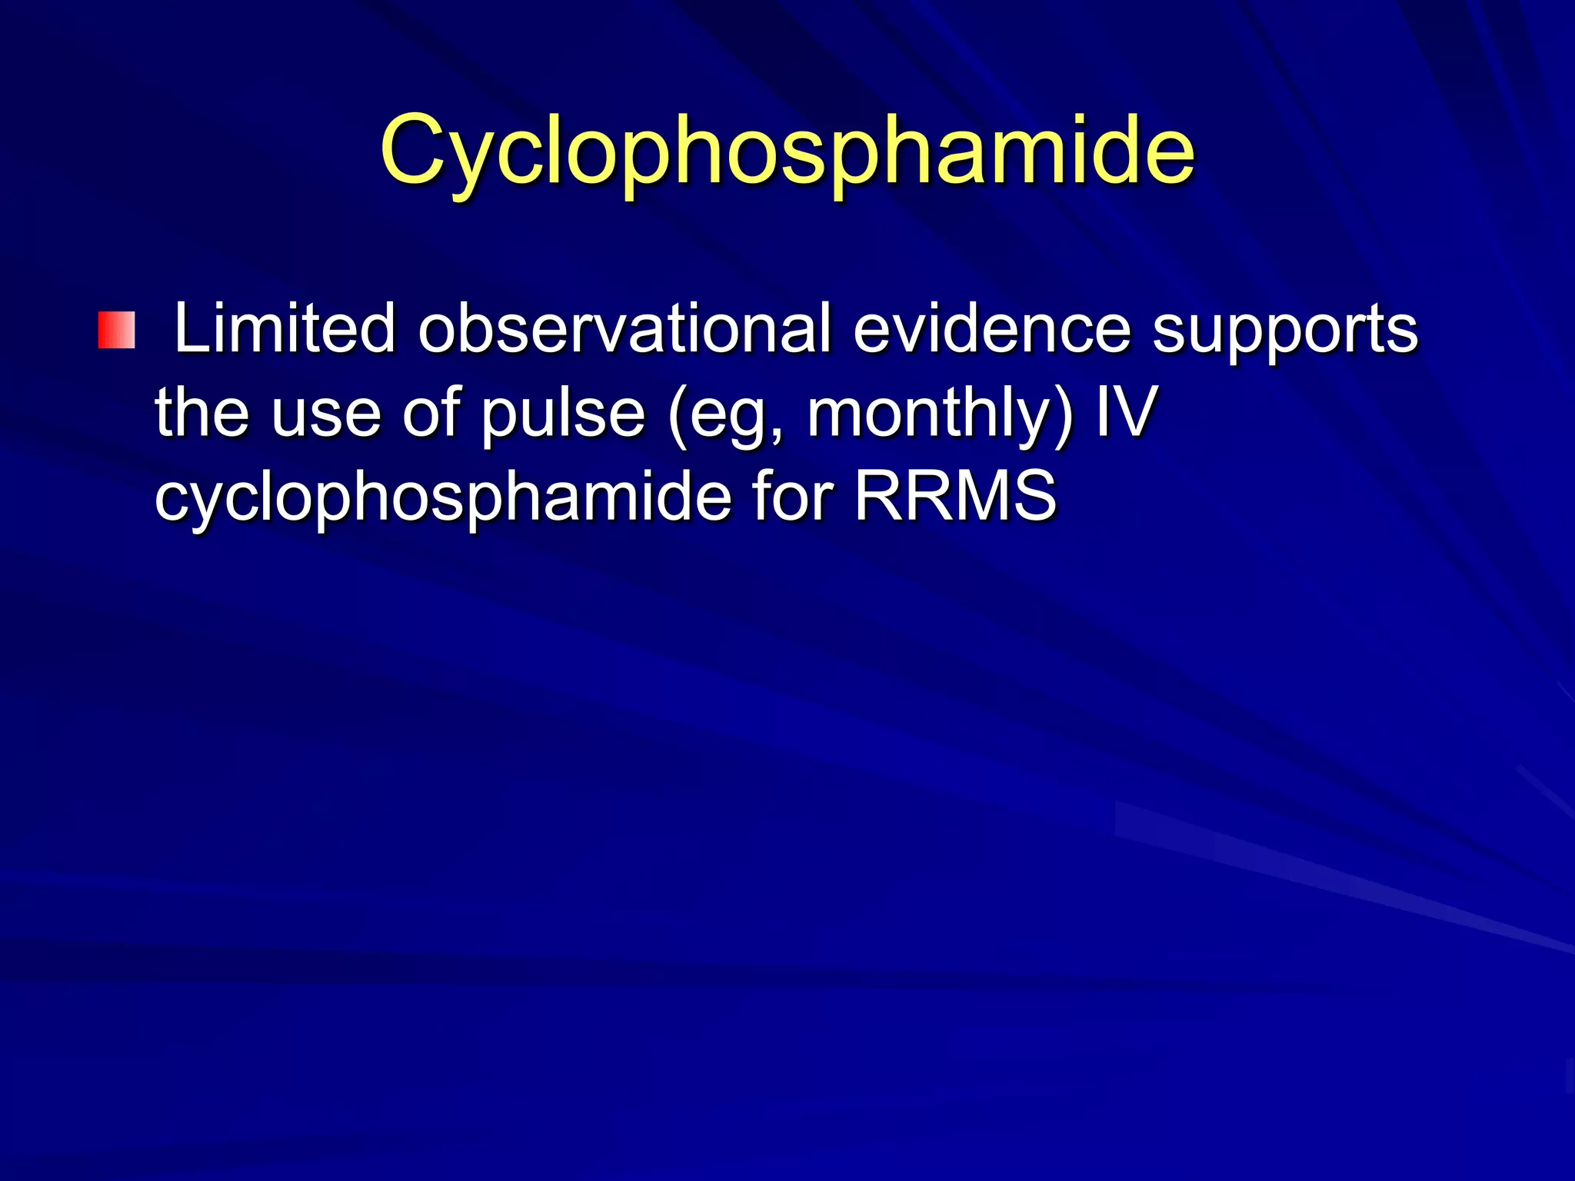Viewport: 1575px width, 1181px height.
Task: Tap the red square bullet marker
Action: tap(116, 330)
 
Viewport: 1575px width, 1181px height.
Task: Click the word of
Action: tap(431, 413)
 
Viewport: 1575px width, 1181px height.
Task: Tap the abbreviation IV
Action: tap(1125, 413)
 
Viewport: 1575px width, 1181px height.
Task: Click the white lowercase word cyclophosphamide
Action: tap(443, 498)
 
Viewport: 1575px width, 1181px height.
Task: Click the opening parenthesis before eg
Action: tap(677, 415)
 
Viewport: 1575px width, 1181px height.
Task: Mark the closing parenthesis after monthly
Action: tap(1063, 415)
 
